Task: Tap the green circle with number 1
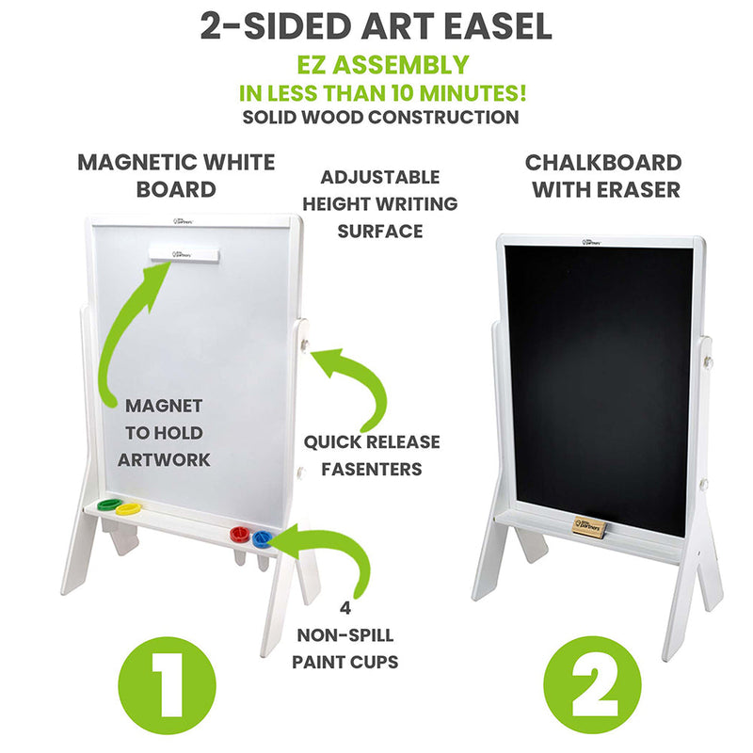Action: [x=167, y=681]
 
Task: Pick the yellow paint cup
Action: [x=128, y=510]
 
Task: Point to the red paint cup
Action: [x=241, y=534]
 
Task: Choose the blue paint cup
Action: [x=261, y=537]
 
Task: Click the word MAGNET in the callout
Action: [x=165, y=406]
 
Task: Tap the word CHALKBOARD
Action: [x=602, y=162]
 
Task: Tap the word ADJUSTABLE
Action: [x=379, y=177]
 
